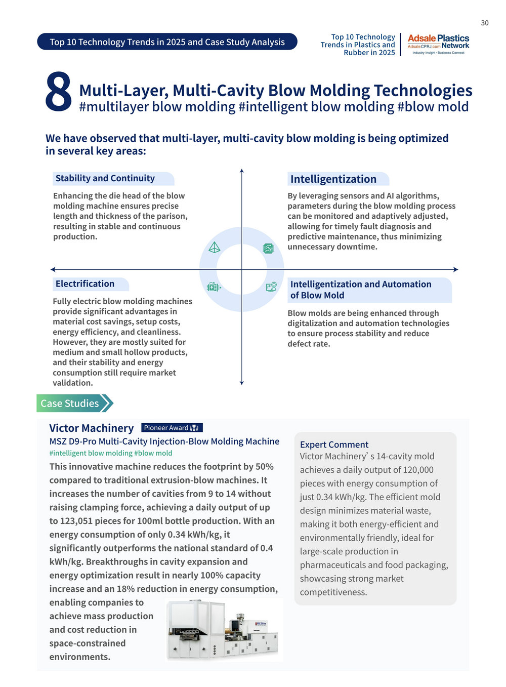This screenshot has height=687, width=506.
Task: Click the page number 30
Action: coord(484,23)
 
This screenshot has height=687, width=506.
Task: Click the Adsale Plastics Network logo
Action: coord(438,45)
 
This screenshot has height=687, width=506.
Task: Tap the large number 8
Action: coord(59,92)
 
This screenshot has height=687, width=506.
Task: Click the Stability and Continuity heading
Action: coord(105,178)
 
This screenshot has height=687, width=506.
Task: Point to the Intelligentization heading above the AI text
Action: coord(333,179)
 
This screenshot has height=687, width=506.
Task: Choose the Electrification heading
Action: coord(85,284)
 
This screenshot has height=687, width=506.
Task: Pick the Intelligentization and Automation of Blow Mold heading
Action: coord(361,290)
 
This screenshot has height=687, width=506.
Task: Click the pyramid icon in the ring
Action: coord(215,247)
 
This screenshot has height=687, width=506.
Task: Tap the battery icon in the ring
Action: coord(214,287)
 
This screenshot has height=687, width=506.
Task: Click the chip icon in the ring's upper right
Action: coord(268,248)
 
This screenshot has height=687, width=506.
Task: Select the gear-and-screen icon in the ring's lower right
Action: coord(271,287)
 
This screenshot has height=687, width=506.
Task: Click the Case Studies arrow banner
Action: coord(74,403)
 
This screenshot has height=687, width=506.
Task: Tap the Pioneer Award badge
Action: coord(172,428)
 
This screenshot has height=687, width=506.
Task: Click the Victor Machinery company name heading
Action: coord(92,428)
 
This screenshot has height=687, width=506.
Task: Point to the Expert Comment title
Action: coord(334,444)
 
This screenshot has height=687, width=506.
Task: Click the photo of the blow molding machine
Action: coord(223,630)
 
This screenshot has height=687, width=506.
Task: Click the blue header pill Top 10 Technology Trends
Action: coord(167,42)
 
